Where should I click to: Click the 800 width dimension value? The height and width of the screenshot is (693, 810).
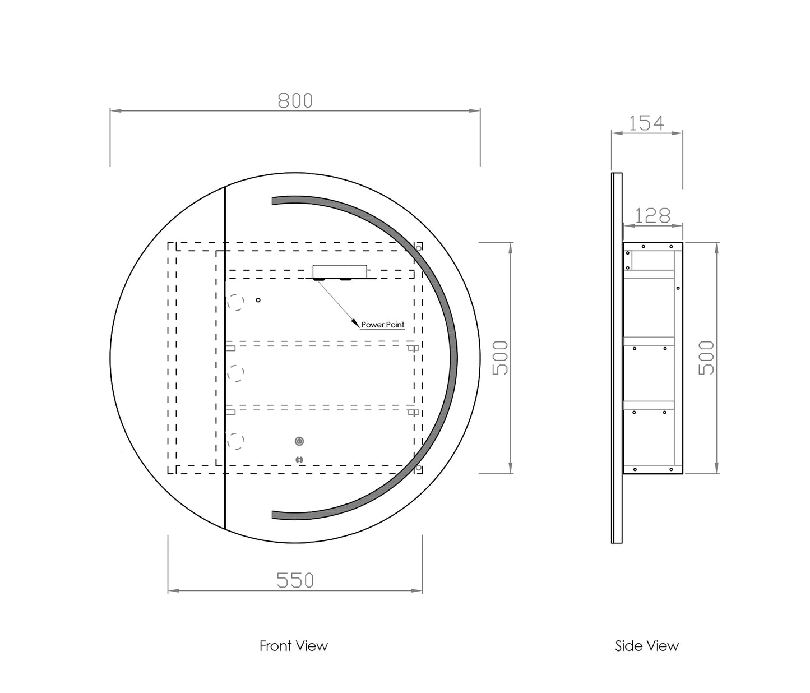(295, 100)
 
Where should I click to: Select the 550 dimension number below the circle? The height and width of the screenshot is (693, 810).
(295, 580)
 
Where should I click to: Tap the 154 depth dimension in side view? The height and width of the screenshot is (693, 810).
(646, 123)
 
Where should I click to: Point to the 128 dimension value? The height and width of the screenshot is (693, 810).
(652, 216)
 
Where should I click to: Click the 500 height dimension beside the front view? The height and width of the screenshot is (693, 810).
(500, 358)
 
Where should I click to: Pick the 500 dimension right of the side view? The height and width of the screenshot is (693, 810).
(706, 358)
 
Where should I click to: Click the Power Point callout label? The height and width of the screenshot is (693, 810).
(382, 325)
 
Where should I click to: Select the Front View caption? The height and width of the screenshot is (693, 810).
(294, 646)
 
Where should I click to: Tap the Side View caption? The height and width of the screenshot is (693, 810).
(647, 646)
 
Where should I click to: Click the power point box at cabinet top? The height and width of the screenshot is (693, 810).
(340, 271)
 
